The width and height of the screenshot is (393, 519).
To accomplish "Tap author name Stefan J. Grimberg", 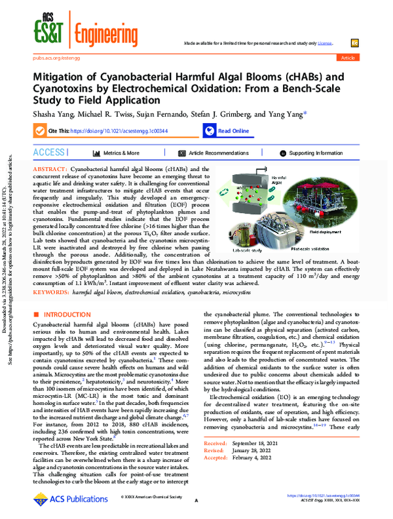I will (x=221, y=113).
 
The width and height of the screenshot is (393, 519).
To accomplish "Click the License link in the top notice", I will (x=325, y=41).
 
